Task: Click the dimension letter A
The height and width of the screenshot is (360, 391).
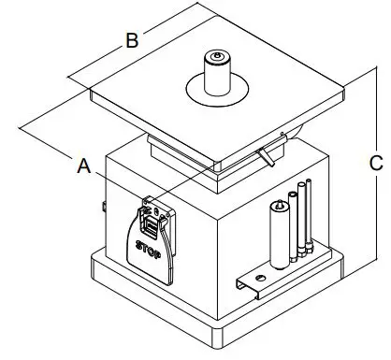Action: click(x=84, y=167)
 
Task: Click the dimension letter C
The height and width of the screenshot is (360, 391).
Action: click(x=375, y=163)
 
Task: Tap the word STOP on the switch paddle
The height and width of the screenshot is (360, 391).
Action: click(x=148, y=250)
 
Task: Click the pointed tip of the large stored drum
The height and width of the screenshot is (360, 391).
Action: click(x=278, y=202)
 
